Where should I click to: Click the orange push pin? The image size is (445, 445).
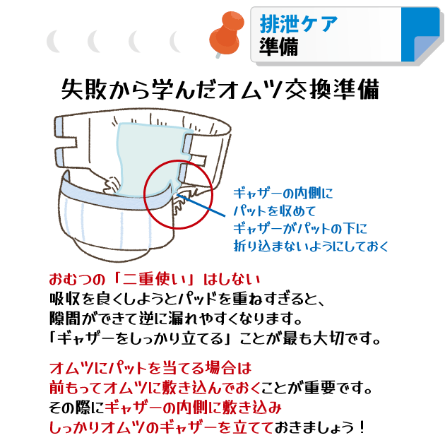coord(227,33)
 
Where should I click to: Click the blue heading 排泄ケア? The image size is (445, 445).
coord(299,24)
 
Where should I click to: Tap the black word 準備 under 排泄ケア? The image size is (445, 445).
coord(278,47)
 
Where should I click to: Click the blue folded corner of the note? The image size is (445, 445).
coord(420,35)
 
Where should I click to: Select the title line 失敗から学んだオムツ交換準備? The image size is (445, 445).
coord(220,89)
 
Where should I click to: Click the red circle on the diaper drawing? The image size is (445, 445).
coord(178,160)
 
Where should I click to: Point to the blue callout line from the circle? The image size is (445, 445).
coord(201,206)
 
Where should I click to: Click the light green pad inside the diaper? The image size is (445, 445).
coord(148,159)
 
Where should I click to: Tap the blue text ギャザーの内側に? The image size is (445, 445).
coord(283,194)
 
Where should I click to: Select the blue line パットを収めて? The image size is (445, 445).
coord(275,211)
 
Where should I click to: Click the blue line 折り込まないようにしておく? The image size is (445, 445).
coord(311,246)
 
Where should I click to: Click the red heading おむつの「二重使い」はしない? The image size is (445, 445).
coord(155,279)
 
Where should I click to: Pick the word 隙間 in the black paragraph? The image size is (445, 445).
coord(65,318)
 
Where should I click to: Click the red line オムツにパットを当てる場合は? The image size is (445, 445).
coord(150,368)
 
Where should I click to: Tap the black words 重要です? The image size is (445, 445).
coord(338,388)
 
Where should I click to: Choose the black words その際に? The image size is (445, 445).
coord(76,408)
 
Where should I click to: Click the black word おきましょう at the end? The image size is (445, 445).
coord(319,427)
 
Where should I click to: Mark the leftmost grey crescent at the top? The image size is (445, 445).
coord(53,42)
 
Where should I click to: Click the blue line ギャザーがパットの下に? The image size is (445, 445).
coord(300,228)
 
